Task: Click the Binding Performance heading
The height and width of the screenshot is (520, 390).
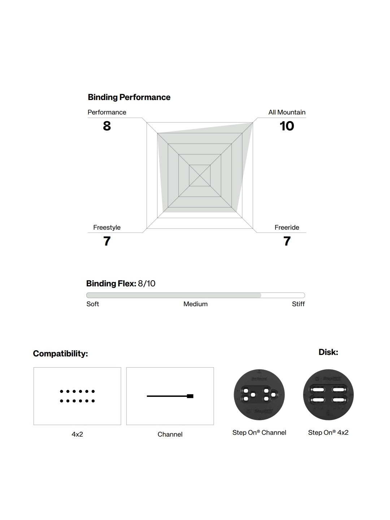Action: coord(129,97)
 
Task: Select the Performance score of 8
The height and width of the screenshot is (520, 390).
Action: coord(107,126)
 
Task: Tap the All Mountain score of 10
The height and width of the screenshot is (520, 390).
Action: coord(287,126)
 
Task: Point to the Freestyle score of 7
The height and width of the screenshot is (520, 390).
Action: coord(107,241)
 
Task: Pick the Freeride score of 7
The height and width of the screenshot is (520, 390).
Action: coord(287,241)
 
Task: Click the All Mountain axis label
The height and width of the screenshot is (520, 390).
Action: coord(287,112)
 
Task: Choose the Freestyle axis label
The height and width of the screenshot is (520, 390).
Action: coord(107,227)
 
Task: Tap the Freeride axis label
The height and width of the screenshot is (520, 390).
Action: coord(287,227)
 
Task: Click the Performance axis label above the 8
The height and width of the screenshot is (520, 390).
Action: coord(107,112)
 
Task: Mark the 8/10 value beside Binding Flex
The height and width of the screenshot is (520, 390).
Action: coord(147,283)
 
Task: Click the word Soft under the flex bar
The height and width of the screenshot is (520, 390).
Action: coord(92,304)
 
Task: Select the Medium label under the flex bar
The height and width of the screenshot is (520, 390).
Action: coord(195,304)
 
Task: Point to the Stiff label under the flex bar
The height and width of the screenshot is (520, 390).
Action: coord(298,304)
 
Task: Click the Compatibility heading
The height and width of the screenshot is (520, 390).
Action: coord(60,354)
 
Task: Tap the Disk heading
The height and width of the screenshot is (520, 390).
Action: coord(328,352)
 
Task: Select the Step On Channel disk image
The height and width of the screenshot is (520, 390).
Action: coord(259,395)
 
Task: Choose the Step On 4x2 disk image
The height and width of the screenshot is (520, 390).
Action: coord(328,395)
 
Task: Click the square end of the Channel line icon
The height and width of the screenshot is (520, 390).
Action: coord(190,396)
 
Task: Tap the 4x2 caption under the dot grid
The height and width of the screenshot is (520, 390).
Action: coord(77,434)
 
